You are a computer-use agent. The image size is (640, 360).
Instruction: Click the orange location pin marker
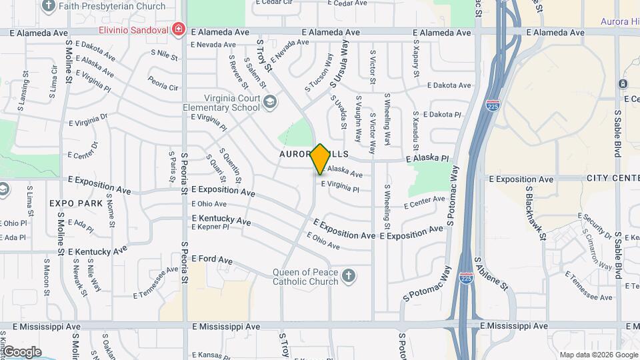point(321,159)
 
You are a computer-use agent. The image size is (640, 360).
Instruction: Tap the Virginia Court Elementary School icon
point(269,101)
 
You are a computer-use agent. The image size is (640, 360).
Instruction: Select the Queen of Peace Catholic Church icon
point(348,275)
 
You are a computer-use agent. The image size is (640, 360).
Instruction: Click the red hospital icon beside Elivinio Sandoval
point(178,29)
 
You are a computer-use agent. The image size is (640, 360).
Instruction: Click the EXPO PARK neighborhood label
point(75,203)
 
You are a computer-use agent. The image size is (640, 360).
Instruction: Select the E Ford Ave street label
point(211,259)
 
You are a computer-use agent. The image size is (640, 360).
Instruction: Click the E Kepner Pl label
point(210,227)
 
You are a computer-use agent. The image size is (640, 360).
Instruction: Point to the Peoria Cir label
point(163,87)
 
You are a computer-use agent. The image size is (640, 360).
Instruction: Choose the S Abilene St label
point(491,274)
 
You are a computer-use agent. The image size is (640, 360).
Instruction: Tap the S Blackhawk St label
point(535,213)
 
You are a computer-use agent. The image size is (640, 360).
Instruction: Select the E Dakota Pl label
point(441,115)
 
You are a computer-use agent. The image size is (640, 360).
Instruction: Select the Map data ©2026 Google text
point(598,354)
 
